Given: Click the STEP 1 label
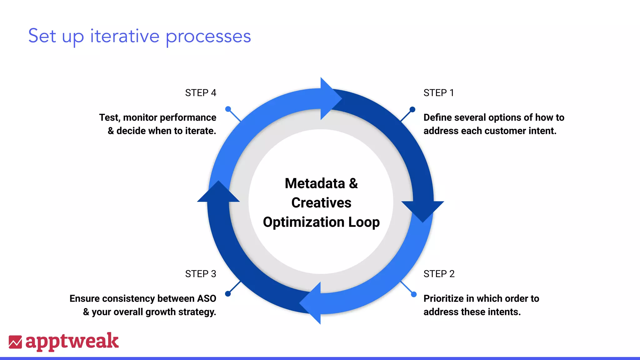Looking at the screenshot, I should (x=438, y=93).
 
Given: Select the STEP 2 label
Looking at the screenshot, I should (x=439, y=274).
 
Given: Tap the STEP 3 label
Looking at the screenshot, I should (x=200, y=274).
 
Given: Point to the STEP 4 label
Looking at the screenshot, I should (x=200, y=93).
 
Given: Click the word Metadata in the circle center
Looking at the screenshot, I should (x=315, y=183).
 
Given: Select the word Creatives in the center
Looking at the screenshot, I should (x=321, y=203).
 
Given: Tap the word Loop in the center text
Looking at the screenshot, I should (x=364, y=222).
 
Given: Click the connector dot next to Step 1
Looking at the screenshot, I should (x=412, y=109).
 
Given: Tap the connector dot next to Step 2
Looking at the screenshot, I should (x=414, y=294).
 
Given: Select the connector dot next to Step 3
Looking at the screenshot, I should (x=228, y=294).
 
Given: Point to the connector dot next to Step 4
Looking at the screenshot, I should (x=228, y=109).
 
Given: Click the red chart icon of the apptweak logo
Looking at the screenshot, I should (x=15, y=342).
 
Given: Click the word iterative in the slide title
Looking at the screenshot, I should (x=125, y=36).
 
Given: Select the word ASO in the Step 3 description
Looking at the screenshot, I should (x=207, y=299).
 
